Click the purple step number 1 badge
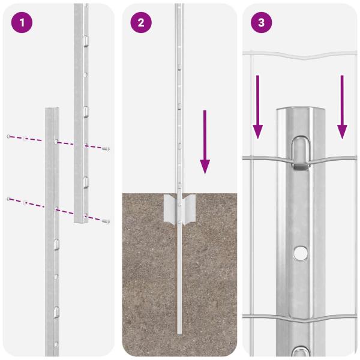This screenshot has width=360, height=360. click(21, 23)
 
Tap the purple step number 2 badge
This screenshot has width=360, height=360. click(141, 23)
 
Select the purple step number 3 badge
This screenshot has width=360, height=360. click(261, 23)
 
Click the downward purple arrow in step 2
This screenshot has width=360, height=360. click(205, 142)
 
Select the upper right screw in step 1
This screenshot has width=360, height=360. click(106, 148)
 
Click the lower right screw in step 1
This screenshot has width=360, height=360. click(106, 221)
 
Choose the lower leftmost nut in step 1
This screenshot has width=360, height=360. click(8, 198)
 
